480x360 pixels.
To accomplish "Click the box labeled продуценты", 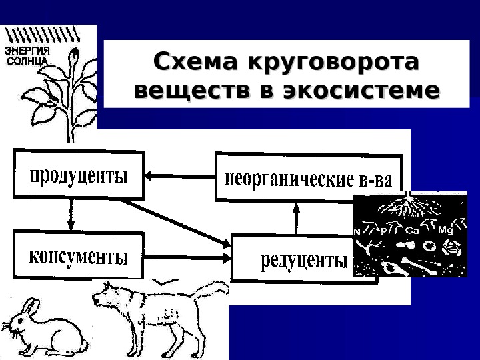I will (x=77, y=175).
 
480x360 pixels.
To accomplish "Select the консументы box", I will (x=77, y=255).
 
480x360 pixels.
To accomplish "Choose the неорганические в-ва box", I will (x=309, y=177).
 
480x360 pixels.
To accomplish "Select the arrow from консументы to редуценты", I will (x=187, y=256).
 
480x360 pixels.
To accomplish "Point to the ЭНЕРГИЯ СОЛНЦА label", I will (x=27, y=55).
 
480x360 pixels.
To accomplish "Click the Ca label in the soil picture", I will (x=412, y=230).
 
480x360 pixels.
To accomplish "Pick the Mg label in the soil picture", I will (x=445, y=230).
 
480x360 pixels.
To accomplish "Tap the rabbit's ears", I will (x=30, y=309).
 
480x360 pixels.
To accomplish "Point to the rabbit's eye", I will (x=20, y=321).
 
